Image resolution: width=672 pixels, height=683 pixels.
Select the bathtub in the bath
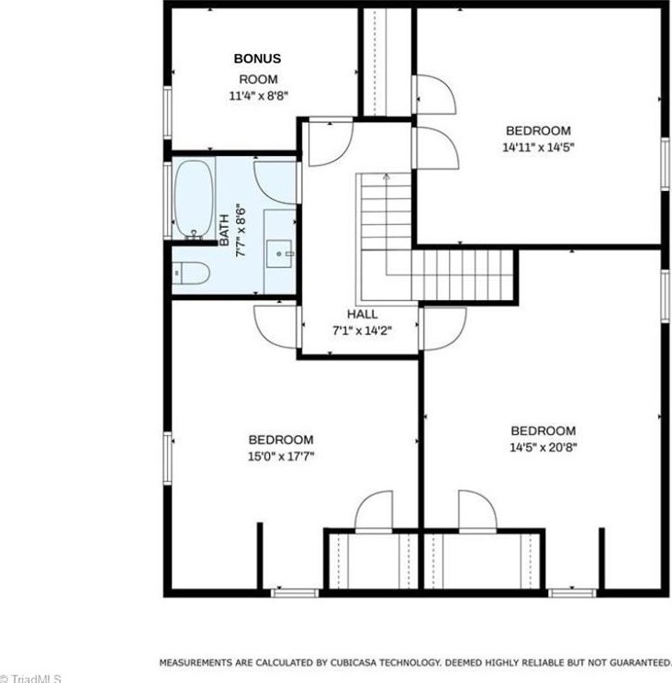pos(194,199)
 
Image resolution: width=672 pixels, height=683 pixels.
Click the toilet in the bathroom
pos(191,273)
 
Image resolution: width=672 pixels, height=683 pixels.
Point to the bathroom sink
pos(280,249)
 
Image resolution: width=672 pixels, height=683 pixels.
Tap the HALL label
pos(362,314)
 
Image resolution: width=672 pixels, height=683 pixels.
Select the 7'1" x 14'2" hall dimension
pos(362,330)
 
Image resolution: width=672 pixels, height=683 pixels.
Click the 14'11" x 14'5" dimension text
pos(538,147)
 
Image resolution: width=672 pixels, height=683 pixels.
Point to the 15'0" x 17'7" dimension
pos(281,455)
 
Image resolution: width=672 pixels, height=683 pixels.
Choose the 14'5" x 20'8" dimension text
pos(543,448)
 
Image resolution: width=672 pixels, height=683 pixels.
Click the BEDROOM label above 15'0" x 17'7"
pos(281,440)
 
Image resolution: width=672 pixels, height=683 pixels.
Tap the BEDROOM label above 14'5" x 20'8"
pos(543,431)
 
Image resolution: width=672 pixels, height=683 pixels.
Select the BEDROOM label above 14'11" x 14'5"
pos(538,131)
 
